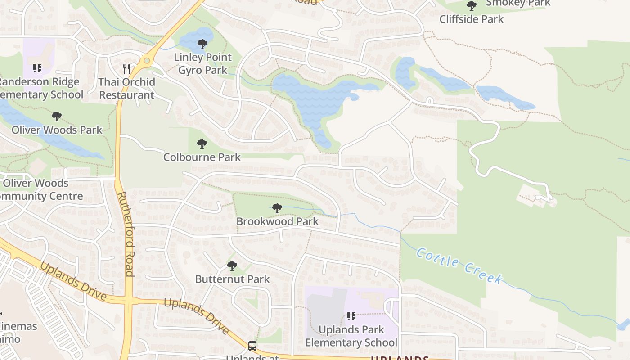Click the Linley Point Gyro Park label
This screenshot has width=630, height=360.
pos(202,63)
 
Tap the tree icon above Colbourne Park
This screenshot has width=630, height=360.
pos(202,144)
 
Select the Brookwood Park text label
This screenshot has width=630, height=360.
pos(277,221)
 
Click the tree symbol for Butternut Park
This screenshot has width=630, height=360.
pos(232,266)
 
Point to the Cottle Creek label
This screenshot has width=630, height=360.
pos(459,265)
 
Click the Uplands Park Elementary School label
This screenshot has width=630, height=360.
pos(351,336)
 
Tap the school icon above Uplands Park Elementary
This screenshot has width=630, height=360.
pos(351,316)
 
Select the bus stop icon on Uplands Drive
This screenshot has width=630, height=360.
pos(252,346)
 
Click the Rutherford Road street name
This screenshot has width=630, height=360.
pos(126,234)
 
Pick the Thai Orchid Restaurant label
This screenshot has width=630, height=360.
pos(126,88)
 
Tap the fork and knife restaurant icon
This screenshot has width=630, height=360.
pos(126,69)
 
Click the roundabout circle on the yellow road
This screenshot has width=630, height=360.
pos(147,61)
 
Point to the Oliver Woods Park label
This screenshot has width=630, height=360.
pos(57,130)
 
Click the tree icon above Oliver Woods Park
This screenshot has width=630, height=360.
pos(57,117)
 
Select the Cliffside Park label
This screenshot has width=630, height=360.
pos(471,19)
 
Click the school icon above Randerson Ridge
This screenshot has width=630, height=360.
pos(37,68)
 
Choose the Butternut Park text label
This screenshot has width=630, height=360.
pos(232,279)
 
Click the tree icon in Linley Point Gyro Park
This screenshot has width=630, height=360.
pos(202,44)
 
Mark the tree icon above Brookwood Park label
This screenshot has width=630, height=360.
pos(277,208)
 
